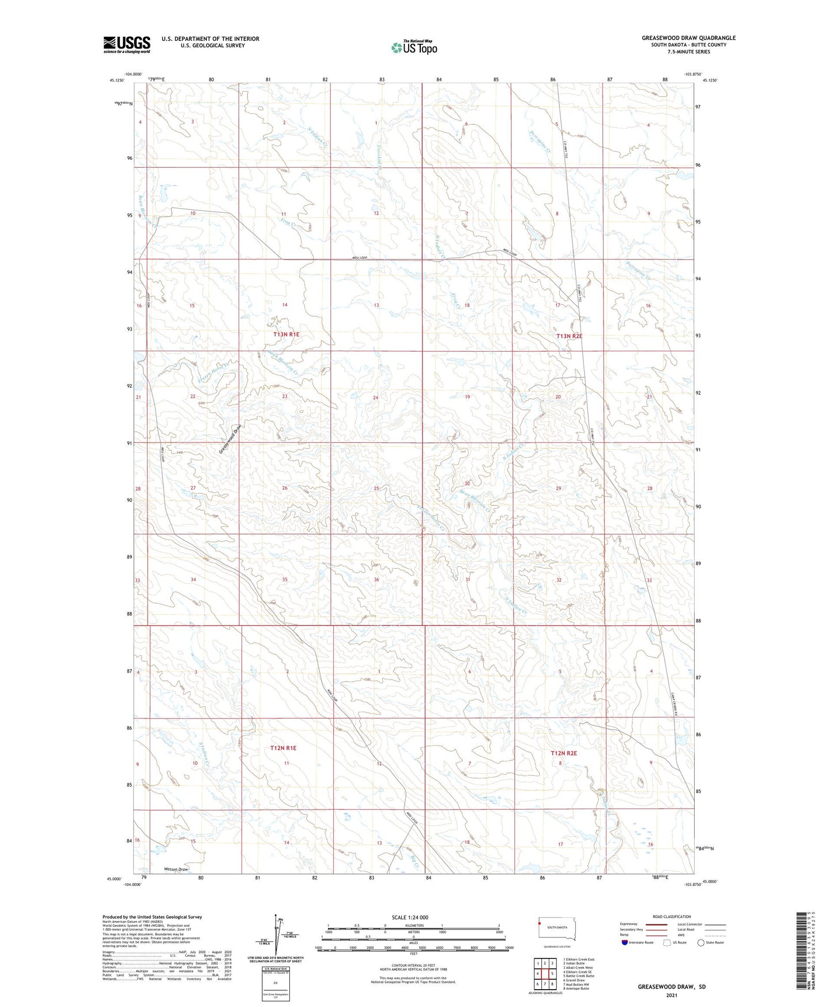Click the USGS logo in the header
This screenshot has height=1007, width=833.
pos(126,44)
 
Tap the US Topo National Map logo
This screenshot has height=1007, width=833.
pos(413,47)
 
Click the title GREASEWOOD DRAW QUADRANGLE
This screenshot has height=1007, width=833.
pos(688,38)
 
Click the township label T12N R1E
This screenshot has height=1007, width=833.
pos(283,748)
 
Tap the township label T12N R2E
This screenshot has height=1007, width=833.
pos(563,753)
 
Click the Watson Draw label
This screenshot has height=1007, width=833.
pos(176,869)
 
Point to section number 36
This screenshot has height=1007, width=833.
pos(376,580)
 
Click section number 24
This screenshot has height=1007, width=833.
pos(375,398)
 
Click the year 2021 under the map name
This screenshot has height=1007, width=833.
pos(671,995)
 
